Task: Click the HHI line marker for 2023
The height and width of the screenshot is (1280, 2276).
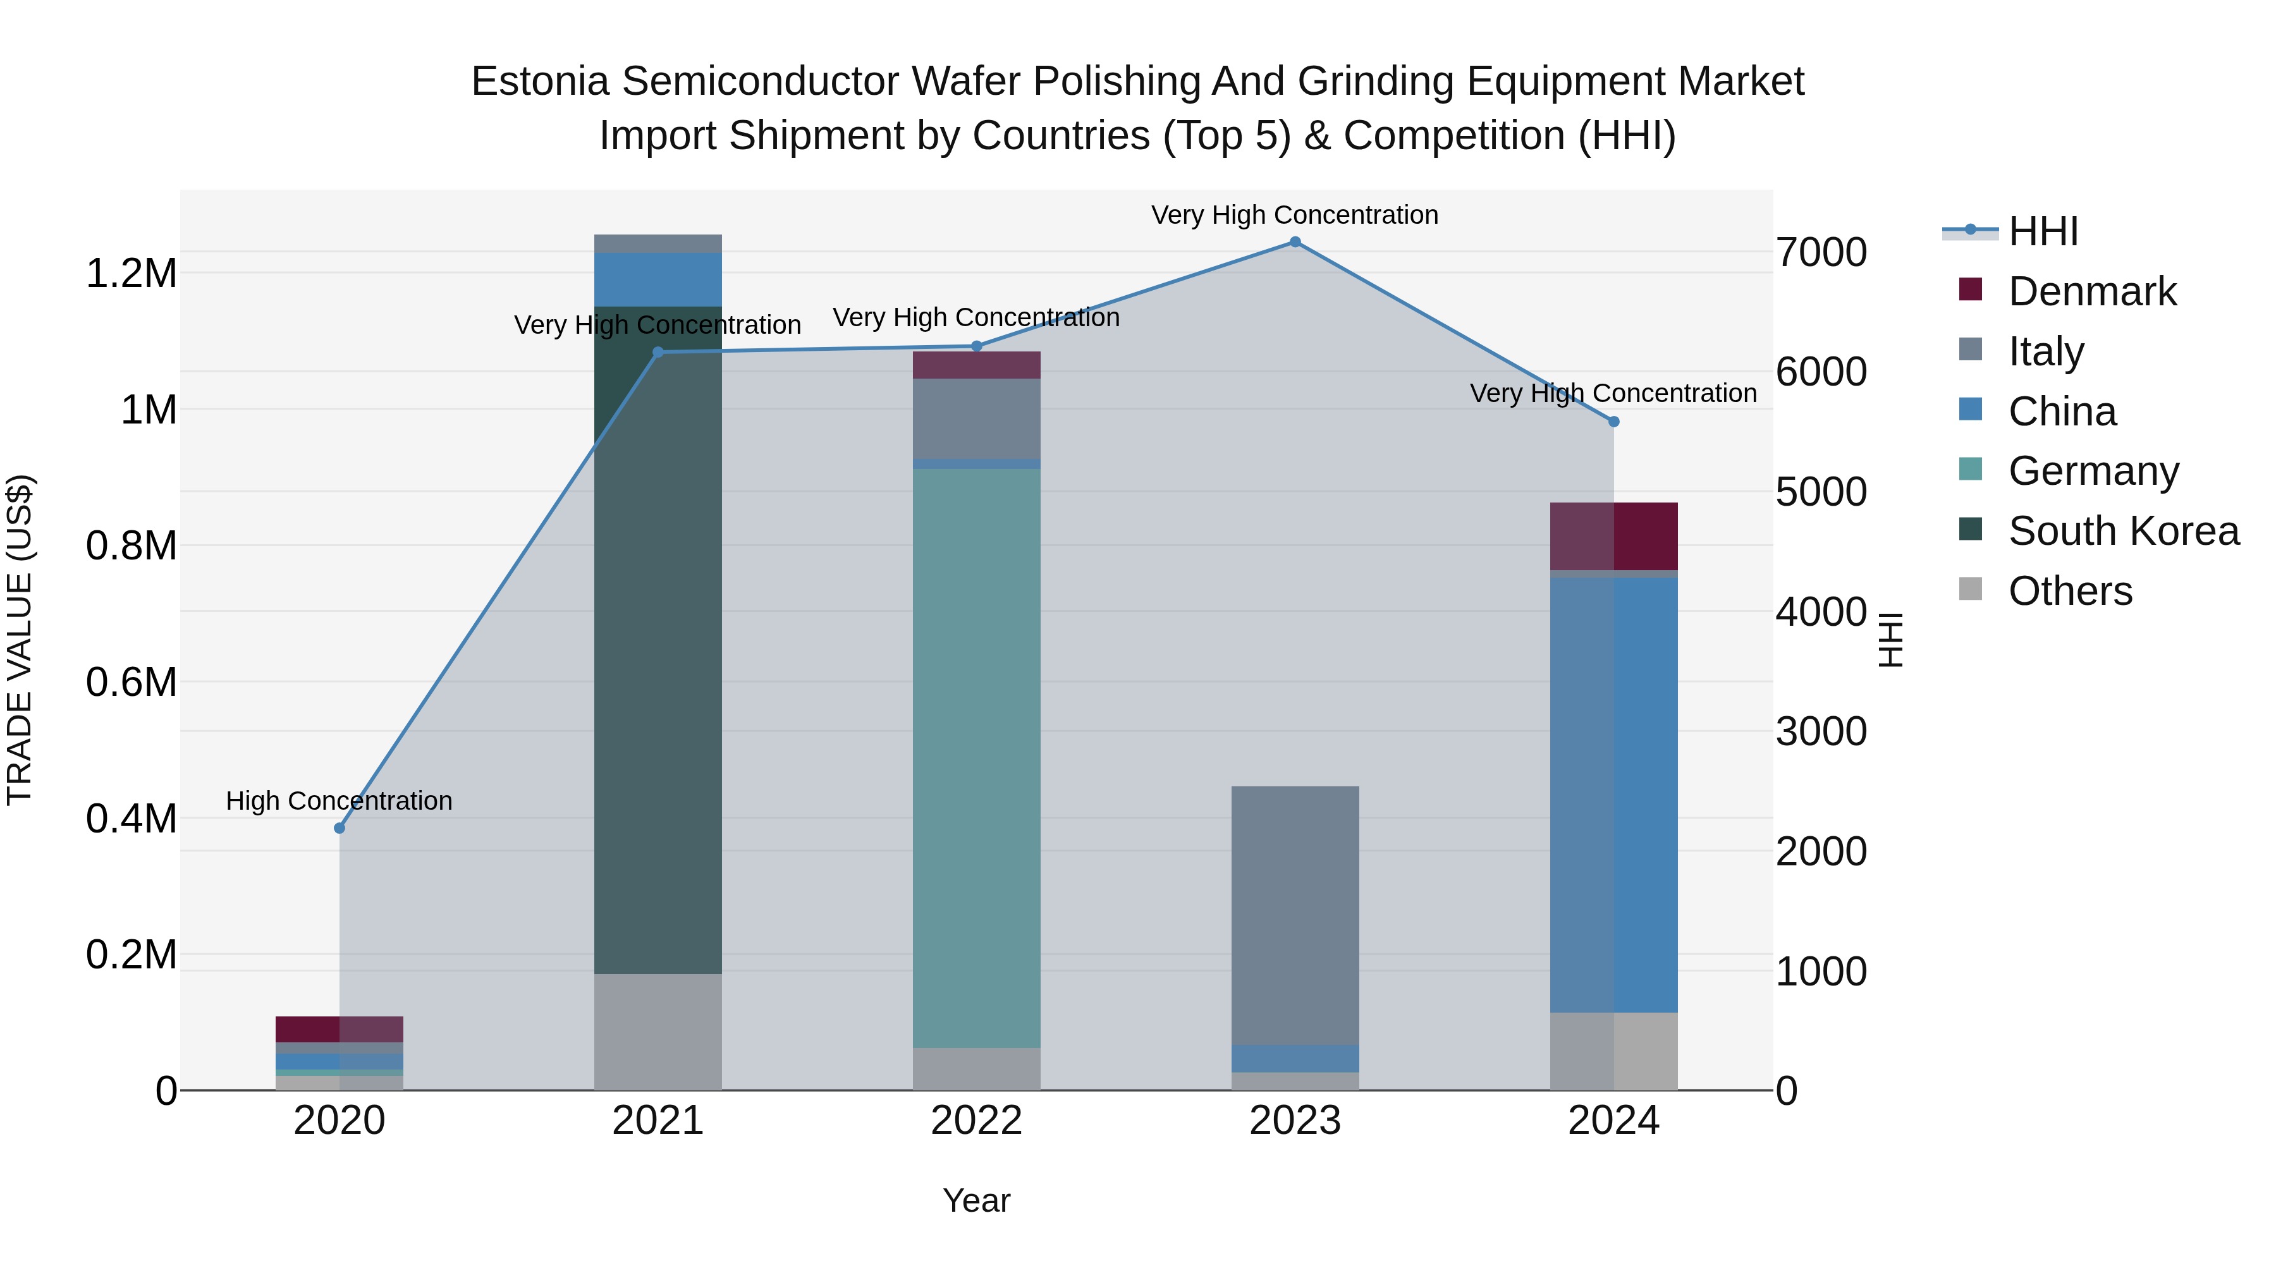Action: (x=1295, y=242)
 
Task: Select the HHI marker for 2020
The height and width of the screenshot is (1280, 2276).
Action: (x=340, y=827)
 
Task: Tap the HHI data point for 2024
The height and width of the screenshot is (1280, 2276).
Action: (x=1613, y=422)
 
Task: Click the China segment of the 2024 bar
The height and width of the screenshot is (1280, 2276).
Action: (x=1613, y=795)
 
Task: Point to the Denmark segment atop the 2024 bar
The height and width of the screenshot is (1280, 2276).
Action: (x=1613, y=536)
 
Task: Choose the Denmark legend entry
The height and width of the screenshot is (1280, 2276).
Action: (x=2091, y=291)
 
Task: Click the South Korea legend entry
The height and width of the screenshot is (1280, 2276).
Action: (x=2123, y=531)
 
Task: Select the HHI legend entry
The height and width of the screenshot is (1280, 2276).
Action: (x=2043, y=231)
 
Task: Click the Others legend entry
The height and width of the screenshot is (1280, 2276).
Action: (x=2069, y=591)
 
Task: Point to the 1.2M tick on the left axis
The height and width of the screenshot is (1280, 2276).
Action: (x=131, y=274)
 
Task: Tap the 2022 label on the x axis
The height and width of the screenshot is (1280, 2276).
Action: (x=976, y=1121)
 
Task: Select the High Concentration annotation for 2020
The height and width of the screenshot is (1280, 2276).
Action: (x=340, y=800)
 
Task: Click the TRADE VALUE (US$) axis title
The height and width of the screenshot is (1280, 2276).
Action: (x=20, y=640)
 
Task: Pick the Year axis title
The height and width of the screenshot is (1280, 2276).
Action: (x=976, y=1200)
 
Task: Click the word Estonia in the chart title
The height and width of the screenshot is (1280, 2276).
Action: (x=540, y=82)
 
